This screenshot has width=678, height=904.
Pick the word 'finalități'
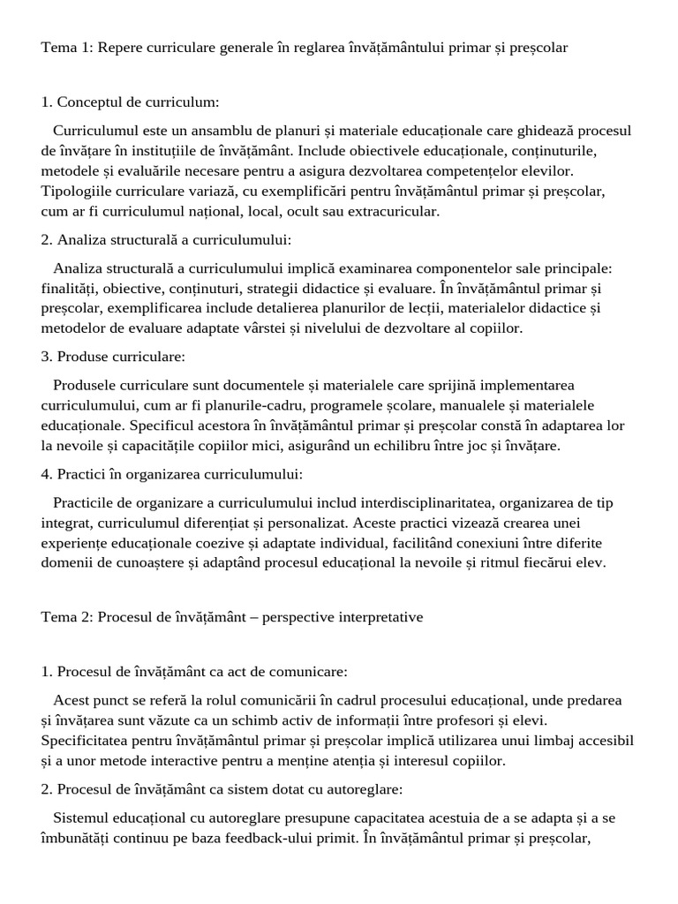(71, 288)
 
